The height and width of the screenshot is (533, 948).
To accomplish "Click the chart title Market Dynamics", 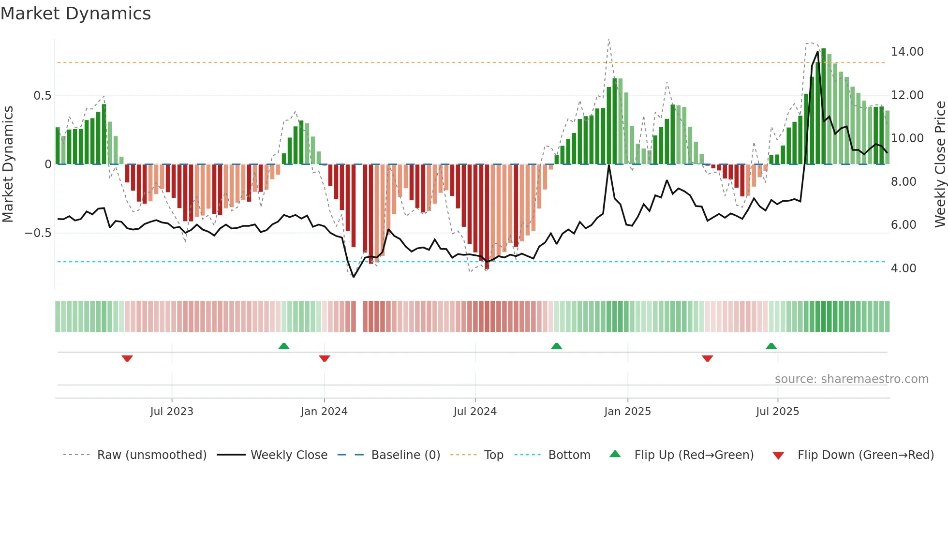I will click(75, 14).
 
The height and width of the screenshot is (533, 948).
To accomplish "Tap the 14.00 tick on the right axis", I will click(907, 52).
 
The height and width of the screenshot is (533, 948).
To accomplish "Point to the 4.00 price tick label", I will click(903, 268).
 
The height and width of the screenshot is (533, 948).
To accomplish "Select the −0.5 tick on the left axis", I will click(38, 233).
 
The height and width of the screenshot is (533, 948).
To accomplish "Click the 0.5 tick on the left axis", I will click(42, 96).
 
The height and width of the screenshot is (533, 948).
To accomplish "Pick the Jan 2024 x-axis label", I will click(324, 412).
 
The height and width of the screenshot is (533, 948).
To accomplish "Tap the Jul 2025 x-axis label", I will click(777, 412).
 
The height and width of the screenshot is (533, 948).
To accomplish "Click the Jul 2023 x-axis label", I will click(172, 412).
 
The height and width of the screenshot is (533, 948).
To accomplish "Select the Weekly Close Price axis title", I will click(940, 164).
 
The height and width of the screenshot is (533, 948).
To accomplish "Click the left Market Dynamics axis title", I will click(8, 164).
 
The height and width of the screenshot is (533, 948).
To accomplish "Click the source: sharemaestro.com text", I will click(851, 379).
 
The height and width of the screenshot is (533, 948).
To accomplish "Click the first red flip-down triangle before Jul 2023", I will click(127, 358).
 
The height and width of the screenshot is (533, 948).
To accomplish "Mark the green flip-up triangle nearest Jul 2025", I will click(771, 346).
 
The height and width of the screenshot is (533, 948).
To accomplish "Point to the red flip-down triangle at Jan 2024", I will click(325, 358).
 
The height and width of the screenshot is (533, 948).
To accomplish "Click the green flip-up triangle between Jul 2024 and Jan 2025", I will click(556, 346).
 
